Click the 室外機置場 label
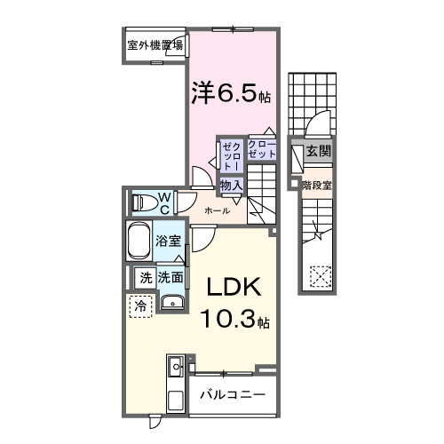(155, 46)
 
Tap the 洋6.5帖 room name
(228, 91)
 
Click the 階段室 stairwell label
(316, 186)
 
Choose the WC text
(164, 202)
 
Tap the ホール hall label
(218, 210)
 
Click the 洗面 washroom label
(171, 277)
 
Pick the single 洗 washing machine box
(144, 277)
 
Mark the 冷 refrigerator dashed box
(141, 306)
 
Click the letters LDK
(234, 289)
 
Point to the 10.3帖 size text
(235, 320)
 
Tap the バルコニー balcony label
(231, 393)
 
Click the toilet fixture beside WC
(142, 202)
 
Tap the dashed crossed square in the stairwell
(318, 276)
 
